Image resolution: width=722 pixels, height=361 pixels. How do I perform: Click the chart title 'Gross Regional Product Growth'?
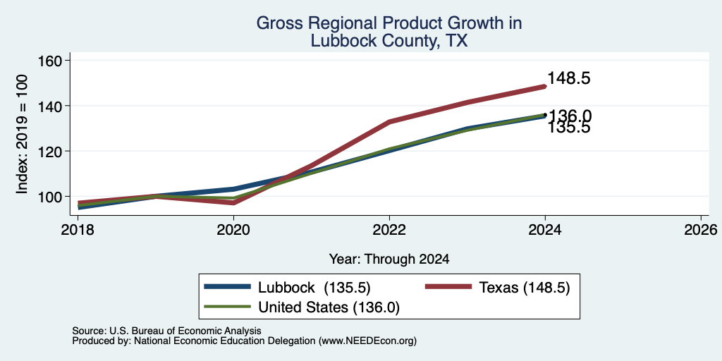click(388, 23)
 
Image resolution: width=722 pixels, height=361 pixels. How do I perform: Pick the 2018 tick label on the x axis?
click(78, 229)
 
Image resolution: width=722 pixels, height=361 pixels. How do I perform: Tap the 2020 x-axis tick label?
click(233, 229)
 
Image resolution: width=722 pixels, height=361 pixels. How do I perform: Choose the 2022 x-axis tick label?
click(389, 229)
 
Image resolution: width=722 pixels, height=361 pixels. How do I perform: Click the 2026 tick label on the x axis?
click(701, 229)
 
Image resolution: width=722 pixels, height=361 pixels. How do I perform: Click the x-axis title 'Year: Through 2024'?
click(389, 259)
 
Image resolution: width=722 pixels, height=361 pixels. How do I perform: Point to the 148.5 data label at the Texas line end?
click(569, 78)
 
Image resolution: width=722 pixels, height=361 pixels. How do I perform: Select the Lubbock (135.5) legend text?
click(314, 288)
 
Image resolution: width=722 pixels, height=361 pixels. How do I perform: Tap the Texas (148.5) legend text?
click(525, 288)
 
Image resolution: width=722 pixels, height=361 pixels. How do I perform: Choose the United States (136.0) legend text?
click(329, 307)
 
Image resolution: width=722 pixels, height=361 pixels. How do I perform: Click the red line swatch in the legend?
click(448, 287)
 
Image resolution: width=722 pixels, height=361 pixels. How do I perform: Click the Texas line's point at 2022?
click(389, 122)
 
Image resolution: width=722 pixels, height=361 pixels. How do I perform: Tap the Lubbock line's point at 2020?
click(233, 189)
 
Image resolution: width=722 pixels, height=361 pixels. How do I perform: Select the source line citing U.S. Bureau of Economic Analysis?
click(166, 331)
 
